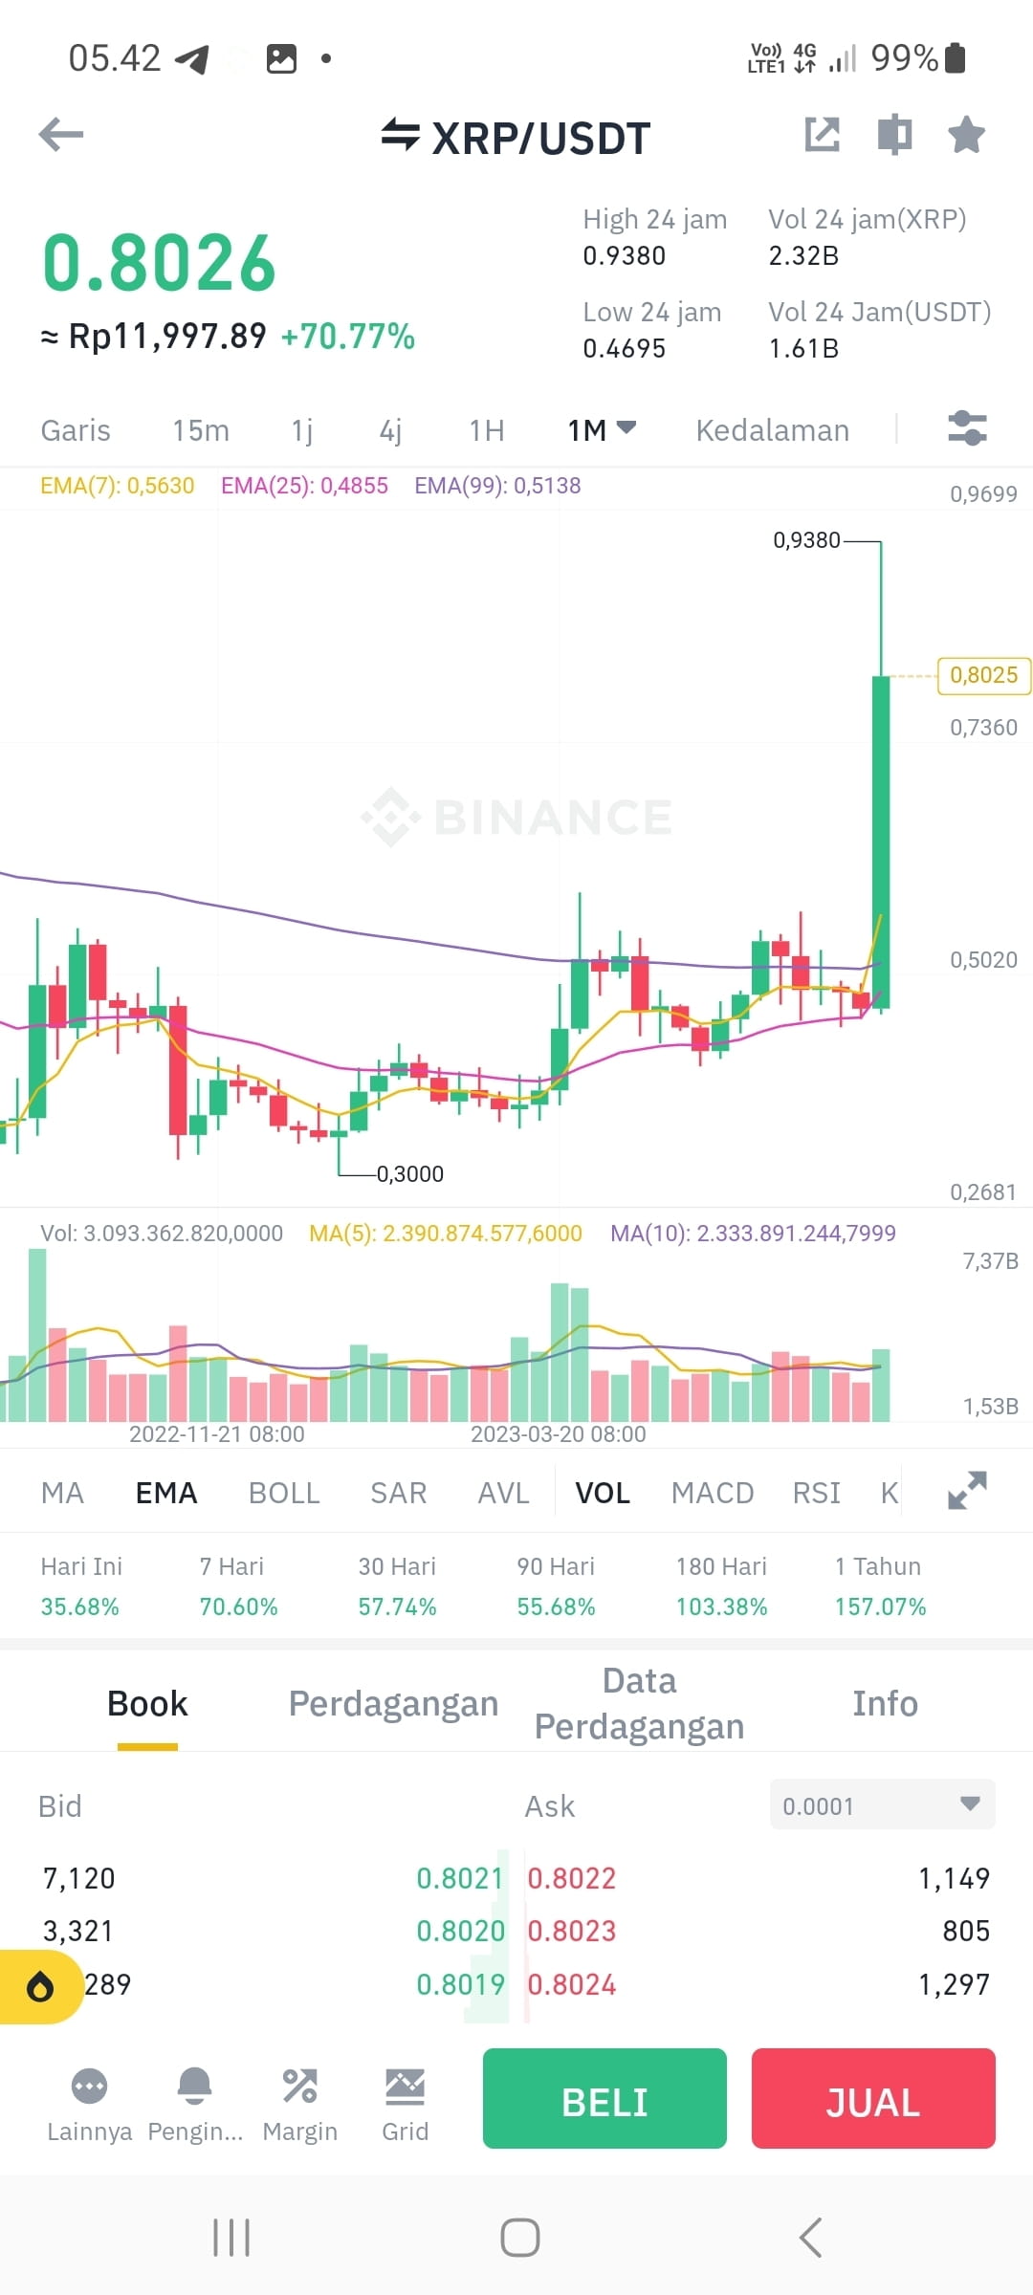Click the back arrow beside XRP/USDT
coord(61,135)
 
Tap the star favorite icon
coord(966,135)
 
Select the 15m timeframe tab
coord(201,430)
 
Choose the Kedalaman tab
coord(772,430)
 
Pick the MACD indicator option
coord(713,1493)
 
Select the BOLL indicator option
coord(284,1493)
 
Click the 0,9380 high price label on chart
coord(806,540)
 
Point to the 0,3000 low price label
coord(410,1173)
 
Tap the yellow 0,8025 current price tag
coord(983,675)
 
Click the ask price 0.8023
coord(572,1931)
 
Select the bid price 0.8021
coord(460,1878)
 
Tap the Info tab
coord(885,1703)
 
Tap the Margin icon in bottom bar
coord(299,2101)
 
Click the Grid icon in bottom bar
coord(405,2101)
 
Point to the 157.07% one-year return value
coord(880,1606)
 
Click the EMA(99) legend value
coord(497,486)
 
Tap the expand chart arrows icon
coord(967,1491)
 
